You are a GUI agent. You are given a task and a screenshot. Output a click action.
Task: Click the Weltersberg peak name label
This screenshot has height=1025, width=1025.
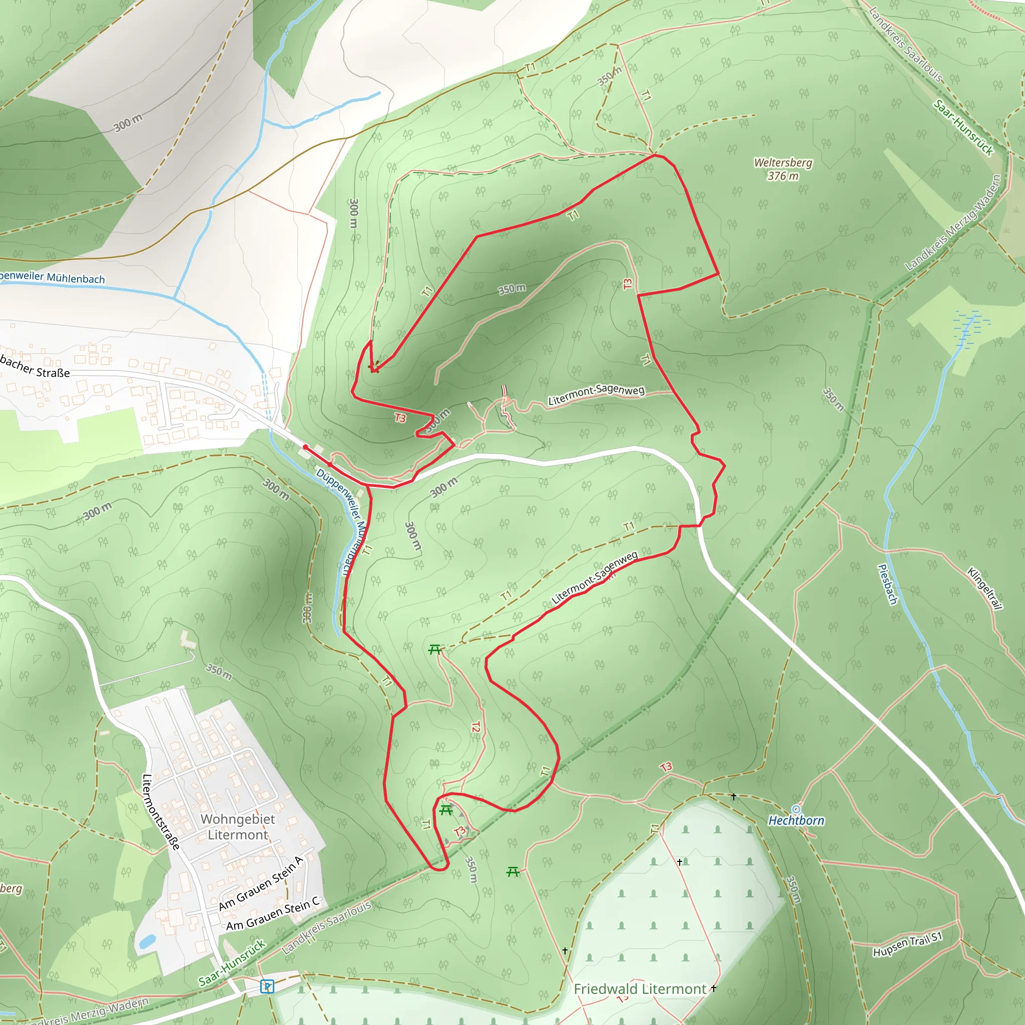[783, 163]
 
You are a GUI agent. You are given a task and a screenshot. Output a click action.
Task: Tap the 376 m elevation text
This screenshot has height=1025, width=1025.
[783, 176]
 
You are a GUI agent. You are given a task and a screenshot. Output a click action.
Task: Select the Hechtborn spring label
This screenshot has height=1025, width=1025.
[796, 820]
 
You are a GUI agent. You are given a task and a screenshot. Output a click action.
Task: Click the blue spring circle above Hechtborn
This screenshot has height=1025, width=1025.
[796, 809]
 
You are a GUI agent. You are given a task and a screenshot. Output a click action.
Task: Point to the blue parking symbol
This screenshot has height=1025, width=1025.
[267, 986]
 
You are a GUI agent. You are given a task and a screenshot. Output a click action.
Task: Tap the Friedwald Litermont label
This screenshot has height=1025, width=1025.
[640, 989]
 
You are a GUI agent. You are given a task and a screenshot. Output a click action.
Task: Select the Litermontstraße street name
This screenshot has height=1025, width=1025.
[161, 812]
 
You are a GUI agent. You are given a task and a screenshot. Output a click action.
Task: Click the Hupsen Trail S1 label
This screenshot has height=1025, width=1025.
[908, 944]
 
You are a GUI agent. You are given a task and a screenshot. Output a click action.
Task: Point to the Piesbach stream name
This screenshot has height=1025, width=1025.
[887, 584]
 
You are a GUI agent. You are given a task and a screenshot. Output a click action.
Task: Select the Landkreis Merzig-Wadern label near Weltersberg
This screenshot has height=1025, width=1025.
[953, 223]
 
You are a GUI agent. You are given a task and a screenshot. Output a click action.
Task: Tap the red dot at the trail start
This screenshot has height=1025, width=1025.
[305, 447]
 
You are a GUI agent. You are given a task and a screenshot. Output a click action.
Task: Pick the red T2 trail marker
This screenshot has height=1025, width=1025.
[476, 727]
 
